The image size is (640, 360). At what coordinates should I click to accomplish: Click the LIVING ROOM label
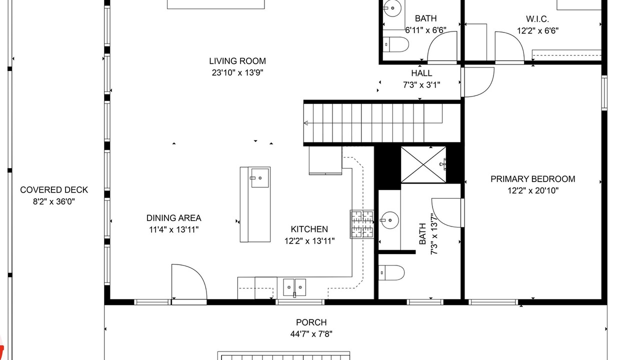coord(237,61)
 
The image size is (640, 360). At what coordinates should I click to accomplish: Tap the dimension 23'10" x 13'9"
coord(237,73)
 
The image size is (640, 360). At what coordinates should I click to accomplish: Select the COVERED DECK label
coord(54,190)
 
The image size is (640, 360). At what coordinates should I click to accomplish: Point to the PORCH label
coord(311,322)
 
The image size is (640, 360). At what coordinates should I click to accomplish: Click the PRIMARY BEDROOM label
coord(533,179)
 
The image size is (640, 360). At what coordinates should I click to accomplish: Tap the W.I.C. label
coord(537,19)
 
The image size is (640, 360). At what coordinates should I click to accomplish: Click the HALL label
coord(421,73)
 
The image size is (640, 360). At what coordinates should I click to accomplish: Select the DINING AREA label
coord(173,218)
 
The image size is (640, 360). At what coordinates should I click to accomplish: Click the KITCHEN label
coord(309,229)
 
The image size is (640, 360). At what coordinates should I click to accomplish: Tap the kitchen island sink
coord(260,177)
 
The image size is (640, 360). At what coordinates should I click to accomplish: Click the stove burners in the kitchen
coord(362,224)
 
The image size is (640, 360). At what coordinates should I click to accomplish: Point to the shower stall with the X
coord(423,164)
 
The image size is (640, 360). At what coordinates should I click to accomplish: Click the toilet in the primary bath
coord(391,272)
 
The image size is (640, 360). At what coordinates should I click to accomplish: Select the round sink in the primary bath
coord(390,220)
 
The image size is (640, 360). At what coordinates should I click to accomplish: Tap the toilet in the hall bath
coord(395,44)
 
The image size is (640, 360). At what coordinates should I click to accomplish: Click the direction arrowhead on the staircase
coord(306,123)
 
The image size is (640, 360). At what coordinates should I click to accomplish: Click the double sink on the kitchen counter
coord(294,287)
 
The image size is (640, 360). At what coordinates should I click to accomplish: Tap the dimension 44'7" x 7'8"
coord(311,333)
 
